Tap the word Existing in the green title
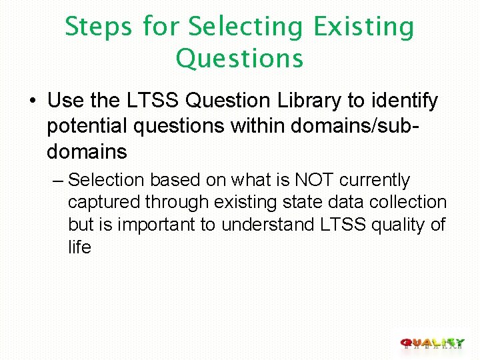[364, 28]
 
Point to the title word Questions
[239, 59]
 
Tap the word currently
[375, 180]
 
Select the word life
[79, 247]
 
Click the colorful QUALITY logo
[432, 343]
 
